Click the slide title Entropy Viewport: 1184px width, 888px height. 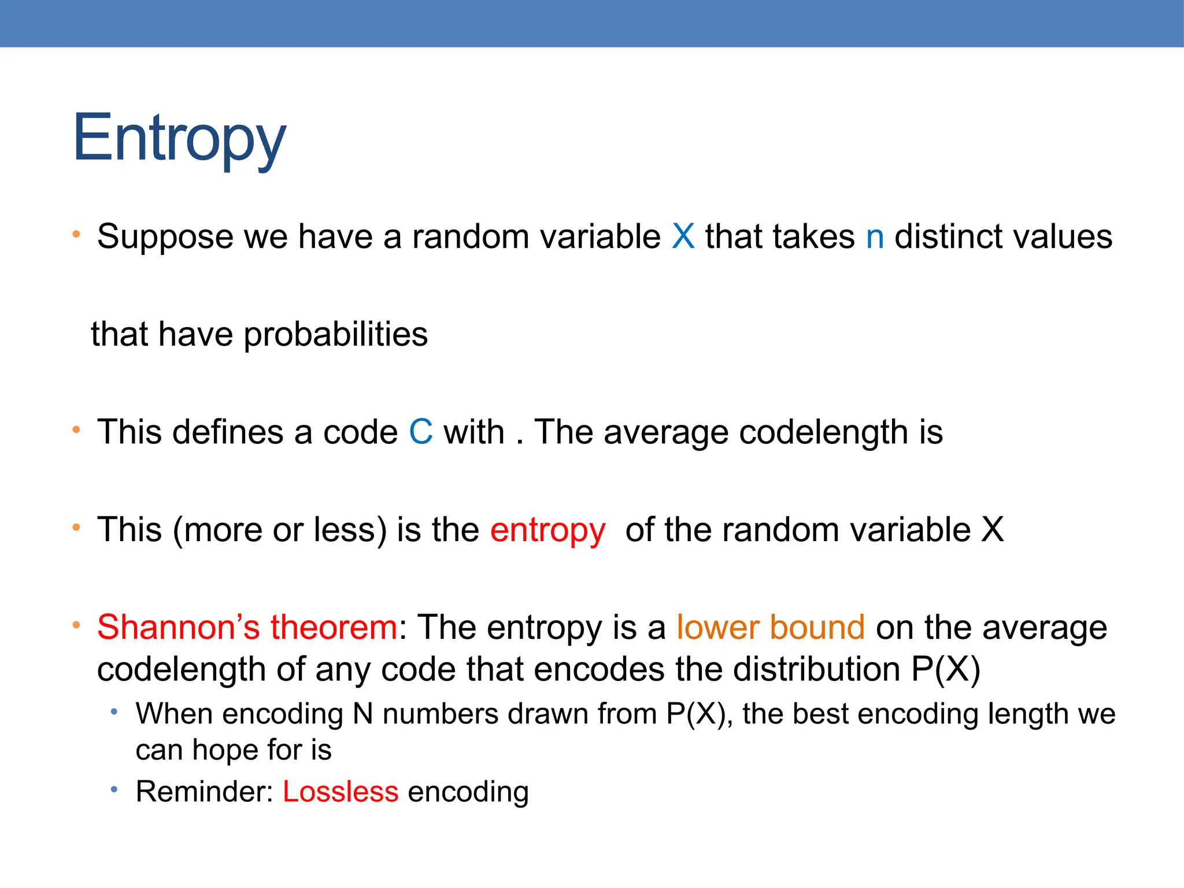point(179,139)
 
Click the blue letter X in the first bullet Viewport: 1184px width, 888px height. point(683,236)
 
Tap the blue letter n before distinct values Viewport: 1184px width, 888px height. point(875,238)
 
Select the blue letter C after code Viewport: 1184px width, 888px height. point(421,432)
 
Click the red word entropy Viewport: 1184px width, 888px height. point(547,530)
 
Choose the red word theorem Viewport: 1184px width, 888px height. point(334,627)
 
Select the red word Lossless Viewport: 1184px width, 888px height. point(341,791)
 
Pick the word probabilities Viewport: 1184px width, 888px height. point(335,335)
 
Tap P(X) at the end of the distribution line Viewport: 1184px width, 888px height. point(946,669)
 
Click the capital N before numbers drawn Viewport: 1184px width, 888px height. point(362,714)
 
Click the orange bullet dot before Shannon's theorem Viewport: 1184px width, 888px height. point(76,625)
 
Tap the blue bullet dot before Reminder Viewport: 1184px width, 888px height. point(114,789)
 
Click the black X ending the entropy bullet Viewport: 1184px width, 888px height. point(993,530)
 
